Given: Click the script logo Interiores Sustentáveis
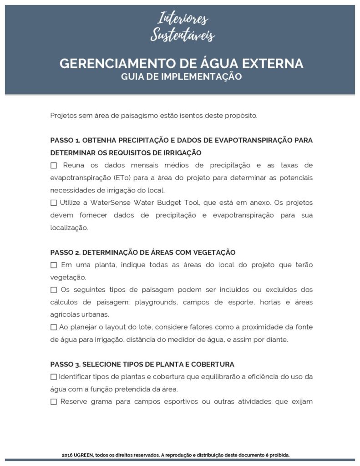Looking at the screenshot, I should click(182, 27).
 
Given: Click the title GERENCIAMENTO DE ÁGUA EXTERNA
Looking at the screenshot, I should click(181, 63).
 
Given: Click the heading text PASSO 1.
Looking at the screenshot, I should click(65, 140).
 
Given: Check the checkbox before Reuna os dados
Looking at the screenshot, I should click(54, 165).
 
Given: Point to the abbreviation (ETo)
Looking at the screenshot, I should click(117, 177).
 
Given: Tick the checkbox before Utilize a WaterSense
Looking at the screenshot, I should click(54, 203).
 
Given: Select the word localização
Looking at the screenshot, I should click(69, 228).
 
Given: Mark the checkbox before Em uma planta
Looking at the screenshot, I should click(54, 265).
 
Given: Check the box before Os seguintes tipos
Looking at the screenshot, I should click(54, 290).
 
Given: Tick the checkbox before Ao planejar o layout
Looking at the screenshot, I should click(54, 327).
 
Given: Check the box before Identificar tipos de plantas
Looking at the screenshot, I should click(54, 377).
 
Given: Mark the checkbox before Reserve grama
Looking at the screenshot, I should click(54, 402).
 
